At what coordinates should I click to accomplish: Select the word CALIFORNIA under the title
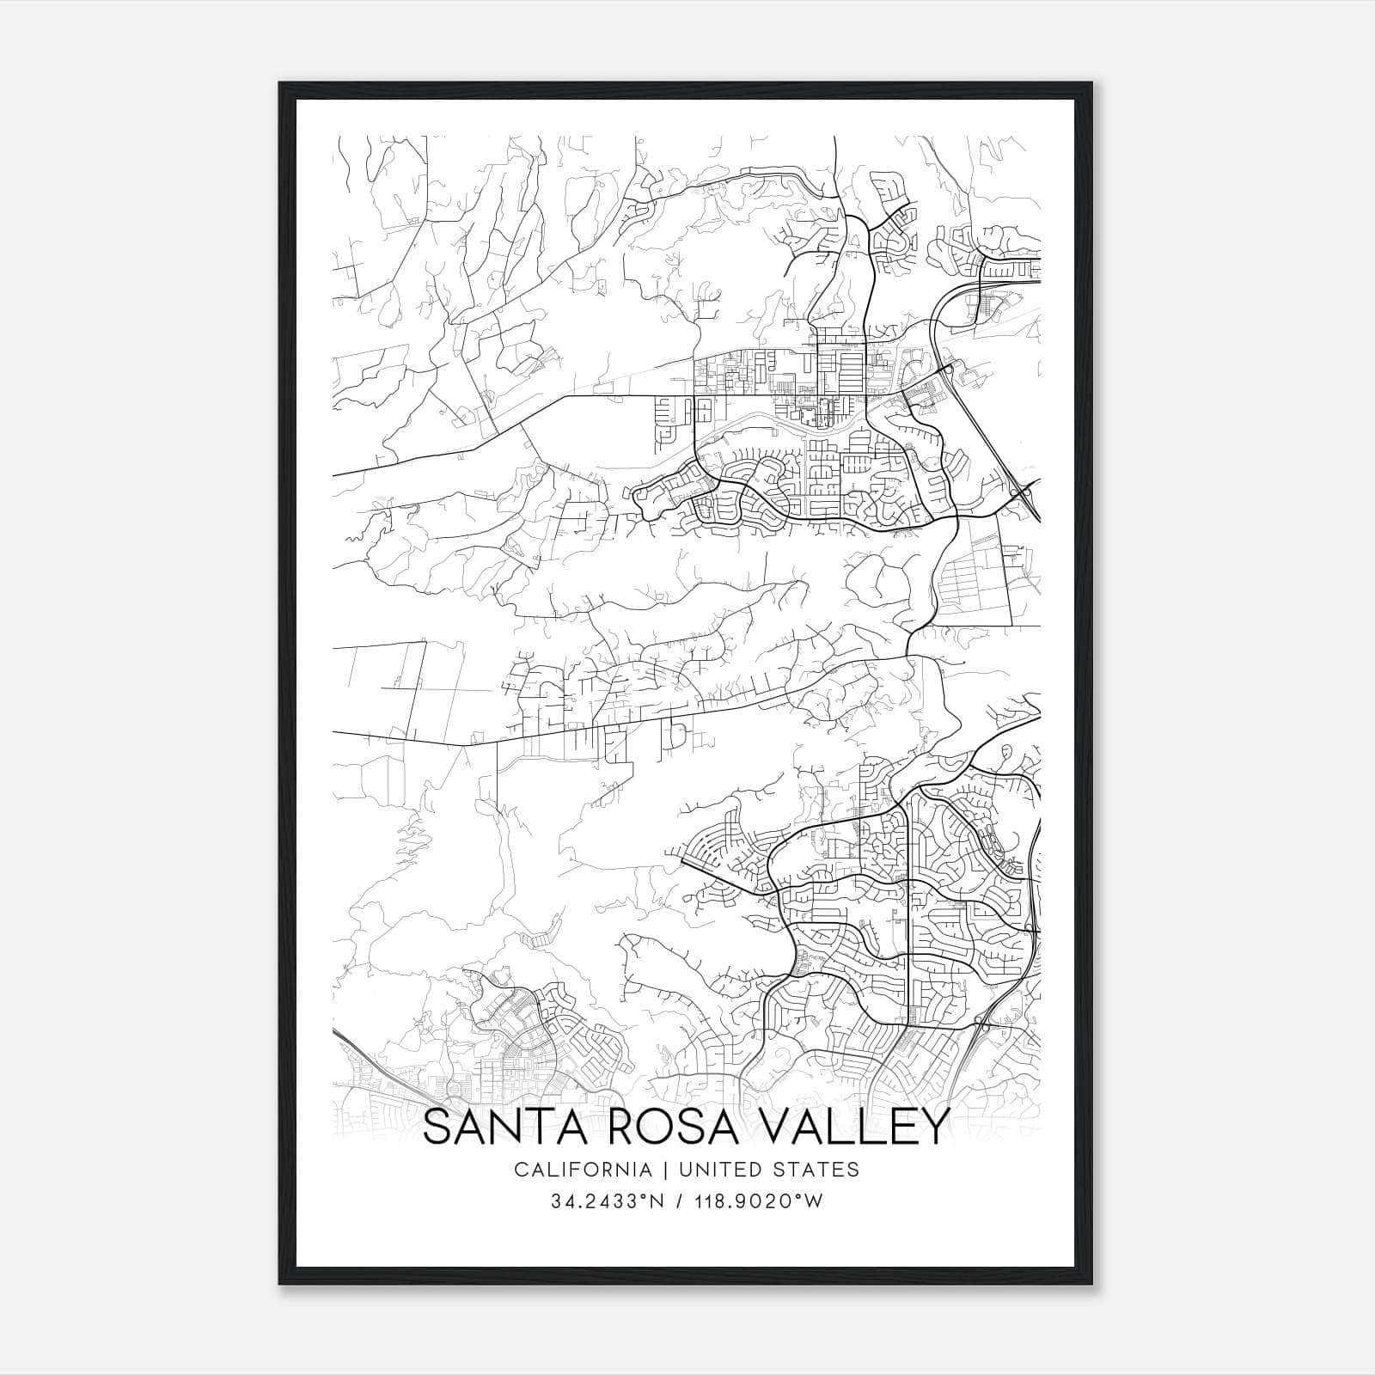coord(582,1170)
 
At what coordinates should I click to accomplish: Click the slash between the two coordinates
coord(678,1201)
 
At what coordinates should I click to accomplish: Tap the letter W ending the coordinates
coord(815,1201)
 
